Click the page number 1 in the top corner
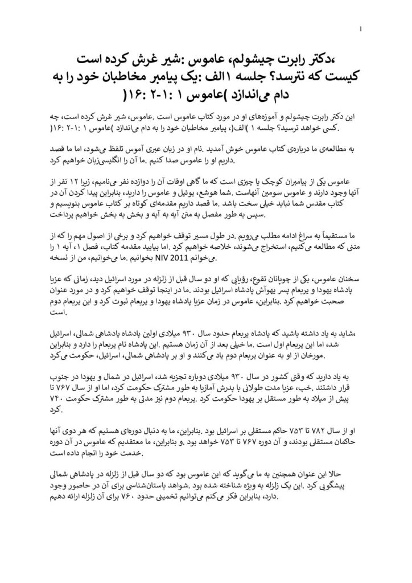click(x=362, y=30)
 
